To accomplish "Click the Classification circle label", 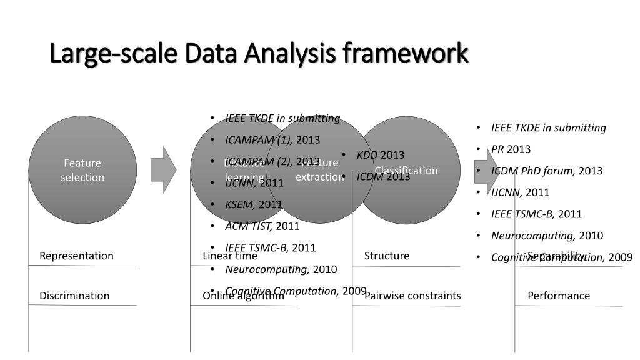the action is coord(406,171).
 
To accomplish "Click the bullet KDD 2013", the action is coord(381,155).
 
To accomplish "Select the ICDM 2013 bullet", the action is coord(383,177).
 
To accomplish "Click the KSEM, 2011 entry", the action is coord(254,204).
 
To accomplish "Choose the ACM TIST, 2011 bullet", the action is coord(262,226).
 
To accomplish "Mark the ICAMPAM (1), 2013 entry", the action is coord(272,139).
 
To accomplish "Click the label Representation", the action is coord(76,256).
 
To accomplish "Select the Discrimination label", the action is coord(74,296).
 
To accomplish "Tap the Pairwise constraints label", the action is coord(412,296).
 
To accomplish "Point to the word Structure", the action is coord(387,256).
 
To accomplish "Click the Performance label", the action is coord(559,296).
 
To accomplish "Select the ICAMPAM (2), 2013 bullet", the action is coord(272,161).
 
